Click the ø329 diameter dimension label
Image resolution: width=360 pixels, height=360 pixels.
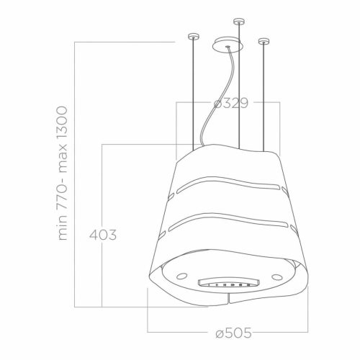(231, 104)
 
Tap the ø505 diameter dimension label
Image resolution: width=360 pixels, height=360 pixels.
(231, 333)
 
